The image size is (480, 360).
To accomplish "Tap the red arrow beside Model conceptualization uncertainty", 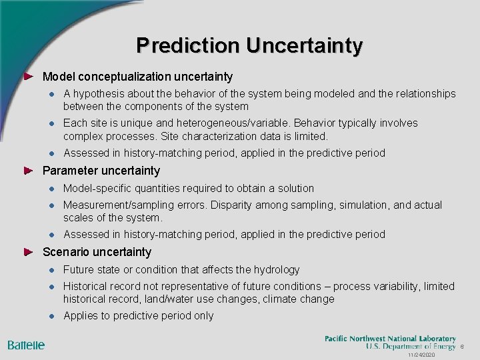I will pos(28,77).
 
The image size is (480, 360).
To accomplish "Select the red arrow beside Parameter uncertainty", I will pos(28,171).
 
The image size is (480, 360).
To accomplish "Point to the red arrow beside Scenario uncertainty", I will pos(28,252).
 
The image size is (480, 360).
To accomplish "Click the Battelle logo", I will pos(26,345).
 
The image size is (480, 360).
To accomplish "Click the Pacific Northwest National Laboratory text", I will pos(390,339).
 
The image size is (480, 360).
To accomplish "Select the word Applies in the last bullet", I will pos(78,316).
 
